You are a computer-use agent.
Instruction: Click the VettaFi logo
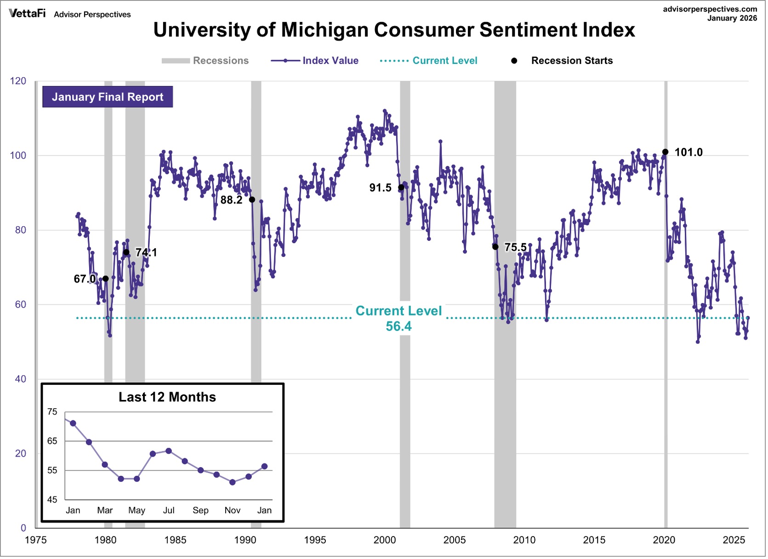pos(27,13)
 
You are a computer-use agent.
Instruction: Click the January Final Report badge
pos(108,97)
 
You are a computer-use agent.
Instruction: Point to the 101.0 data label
pos(688,153)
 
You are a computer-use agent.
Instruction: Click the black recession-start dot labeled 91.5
pos(401,188)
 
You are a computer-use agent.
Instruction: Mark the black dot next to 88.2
pos(252,200)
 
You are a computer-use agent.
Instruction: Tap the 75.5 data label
pos(515,248)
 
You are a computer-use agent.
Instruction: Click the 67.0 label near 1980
pos(84,279)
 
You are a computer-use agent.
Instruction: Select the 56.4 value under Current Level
pos(398,327)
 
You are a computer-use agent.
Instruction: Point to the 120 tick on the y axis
pos(18,81)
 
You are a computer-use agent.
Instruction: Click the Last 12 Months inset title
pos(167,398)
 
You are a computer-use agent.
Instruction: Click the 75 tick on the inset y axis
pos(52,412)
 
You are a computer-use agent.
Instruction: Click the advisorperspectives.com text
pos(710,9)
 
